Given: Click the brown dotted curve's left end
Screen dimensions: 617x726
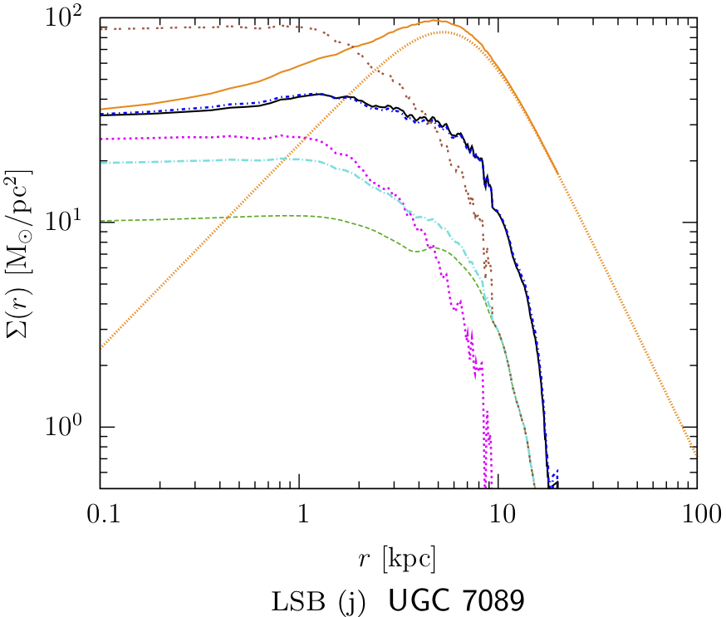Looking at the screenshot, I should point(101,28).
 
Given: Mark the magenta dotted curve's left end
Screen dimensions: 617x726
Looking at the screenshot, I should point(101,139).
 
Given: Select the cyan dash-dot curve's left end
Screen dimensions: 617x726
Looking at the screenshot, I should point(101,163).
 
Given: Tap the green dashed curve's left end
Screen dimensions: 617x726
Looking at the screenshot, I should point(101,221).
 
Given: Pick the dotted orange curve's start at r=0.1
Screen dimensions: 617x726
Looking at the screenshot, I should point(101,346).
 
